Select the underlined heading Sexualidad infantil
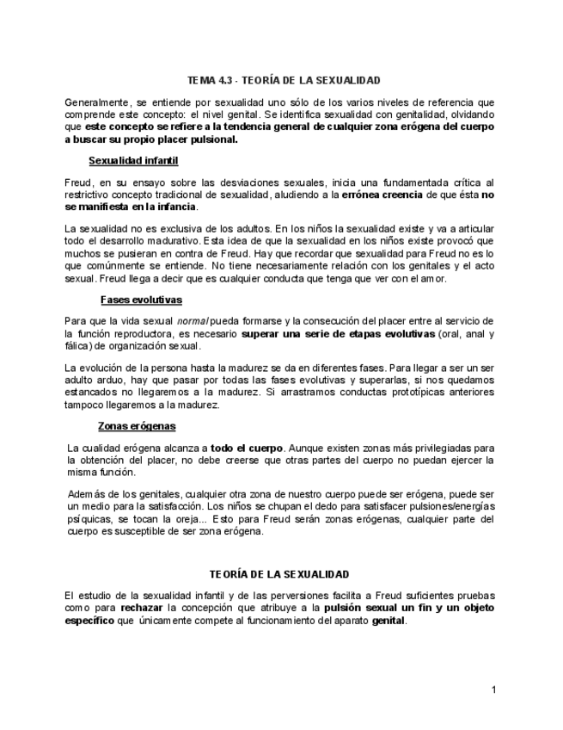(x=133, y=160)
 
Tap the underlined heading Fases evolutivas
(x=140, y=300)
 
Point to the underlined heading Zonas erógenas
(x=137, y=426)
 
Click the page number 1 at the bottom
(x=494, y=690)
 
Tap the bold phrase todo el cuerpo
(x=247, y=449)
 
